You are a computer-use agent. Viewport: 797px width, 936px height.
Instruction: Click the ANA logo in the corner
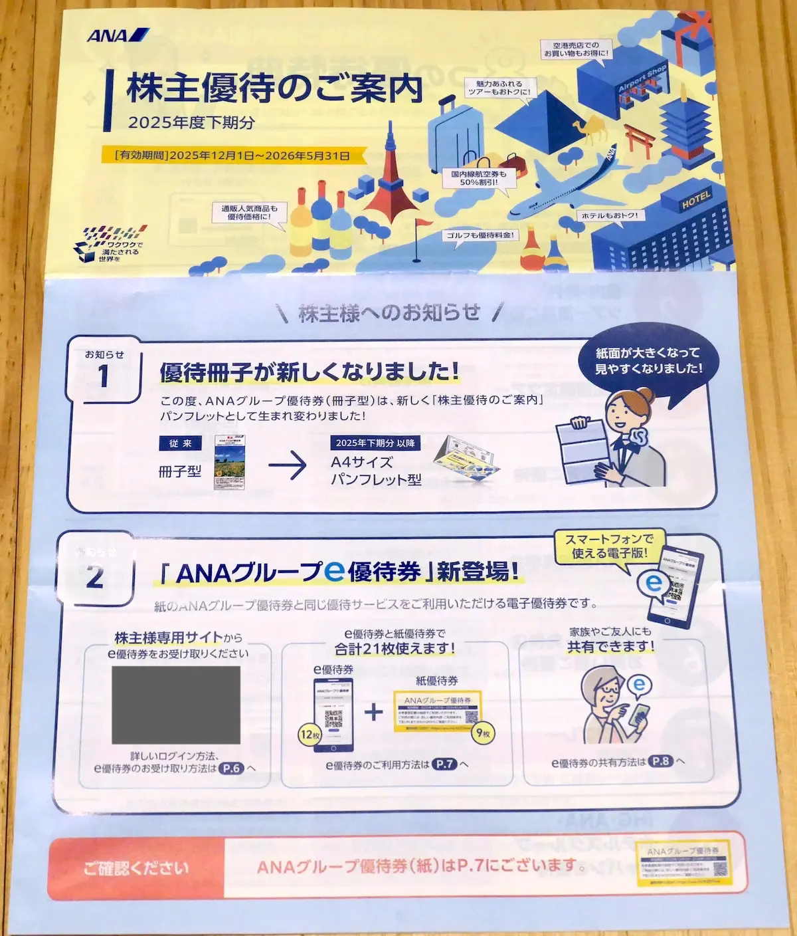[x=118, y=35]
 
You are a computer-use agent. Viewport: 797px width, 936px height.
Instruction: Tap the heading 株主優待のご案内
[x=274, y=88]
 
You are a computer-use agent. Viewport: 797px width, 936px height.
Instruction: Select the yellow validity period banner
[x=232, y=156]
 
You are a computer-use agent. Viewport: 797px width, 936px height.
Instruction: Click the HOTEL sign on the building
[x=695, y=199]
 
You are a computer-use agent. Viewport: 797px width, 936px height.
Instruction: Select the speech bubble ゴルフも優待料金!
[x=480, y=235]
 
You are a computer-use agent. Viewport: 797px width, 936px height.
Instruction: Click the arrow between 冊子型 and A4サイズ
[x=288, y=466]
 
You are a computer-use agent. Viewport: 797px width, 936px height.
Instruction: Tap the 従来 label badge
[x=180, y=443]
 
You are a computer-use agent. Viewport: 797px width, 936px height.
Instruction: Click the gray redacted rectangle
[x=176, y=704]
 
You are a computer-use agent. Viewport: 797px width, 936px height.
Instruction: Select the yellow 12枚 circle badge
[x=310, y=735]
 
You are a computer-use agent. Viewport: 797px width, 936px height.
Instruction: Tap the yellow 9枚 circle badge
[x=483, y=733]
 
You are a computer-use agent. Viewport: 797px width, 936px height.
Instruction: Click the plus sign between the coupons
[x=374, y=712]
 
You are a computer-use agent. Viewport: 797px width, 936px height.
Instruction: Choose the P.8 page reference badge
[x=660, y=762]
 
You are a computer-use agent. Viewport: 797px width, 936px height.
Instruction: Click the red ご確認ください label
[x=136, y=868]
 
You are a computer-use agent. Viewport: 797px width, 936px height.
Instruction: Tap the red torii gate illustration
[x=639, y=140]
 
